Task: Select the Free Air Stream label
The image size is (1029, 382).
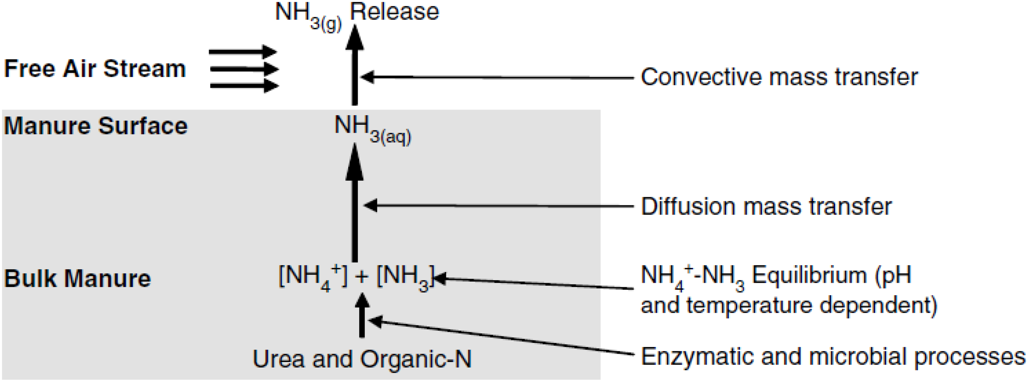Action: click(95, 68)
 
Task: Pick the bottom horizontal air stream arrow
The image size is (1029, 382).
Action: click(244, 86)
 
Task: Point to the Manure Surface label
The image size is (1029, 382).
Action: click(95, 126)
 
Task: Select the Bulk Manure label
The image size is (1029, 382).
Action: click(77, 279)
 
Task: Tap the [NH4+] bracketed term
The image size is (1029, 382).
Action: click(312, 276)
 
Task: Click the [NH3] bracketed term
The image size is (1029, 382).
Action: click(405, 276)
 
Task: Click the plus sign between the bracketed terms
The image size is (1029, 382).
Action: click(361, 277)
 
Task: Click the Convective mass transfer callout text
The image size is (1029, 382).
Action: click(779, 77)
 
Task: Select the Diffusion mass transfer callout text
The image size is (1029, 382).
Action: click(766, 206)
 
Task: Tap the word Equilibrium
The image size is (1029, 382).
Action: click(809, 275)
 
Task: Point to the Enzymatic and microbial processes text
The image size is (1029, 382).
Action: click(833, 356)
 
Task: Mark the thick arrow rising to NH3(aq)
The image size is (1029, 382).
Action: click(354, 206)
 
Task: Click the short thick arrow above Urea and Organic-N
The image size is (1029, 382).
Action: click(362, 317)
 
